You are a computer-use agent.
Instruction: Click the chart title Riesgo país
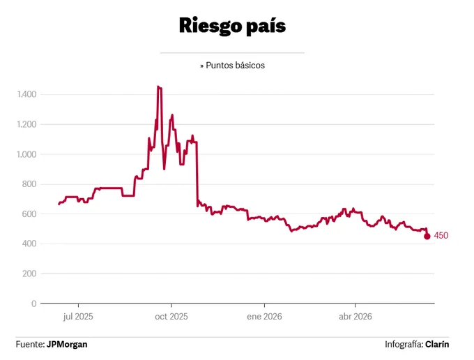pos(232,26)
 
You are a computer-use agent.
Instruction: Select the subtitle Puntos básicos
pos(235,66)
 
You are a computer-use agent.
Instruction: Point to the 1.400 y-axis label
pos(26,94)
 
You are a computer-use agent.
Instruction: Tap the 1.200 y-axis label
pos(26,124)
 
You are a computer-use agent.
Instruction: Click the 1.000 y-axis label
pos(26,154)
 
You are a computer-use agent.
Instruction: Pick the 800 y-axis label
pos(29,184)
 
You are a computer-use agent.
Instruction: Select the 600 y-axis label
pos(29,214)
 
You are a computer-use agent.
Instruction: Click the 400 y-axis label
pos(29,243)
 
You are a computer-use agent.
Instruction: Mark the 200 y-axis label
pos(29,273)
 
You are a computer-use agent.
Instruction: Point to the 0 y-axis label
pos(34,303)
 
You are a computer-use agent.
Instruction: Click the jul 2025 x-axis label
pos(78,317)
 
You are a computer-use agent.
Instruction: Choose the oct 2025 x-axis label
pos(171,317)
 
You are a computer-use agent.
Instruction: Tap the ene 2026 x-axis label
pos(264,317)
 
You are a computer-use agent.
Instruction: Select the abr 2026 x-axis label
pos(355,317)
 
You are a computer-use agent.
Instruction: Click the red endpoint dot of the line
pos(427,237)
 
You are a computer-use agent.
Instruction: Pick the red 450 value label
pos(441,235)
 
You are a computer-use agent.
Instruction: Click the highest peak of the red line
pos(158,87)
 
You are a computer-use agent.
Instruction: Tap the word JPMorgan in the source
pos(67,344)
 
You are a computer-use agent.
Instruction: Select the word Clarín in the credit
pos(437,344)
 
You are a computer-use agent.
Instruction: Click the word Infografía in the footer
pos(404,344)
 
